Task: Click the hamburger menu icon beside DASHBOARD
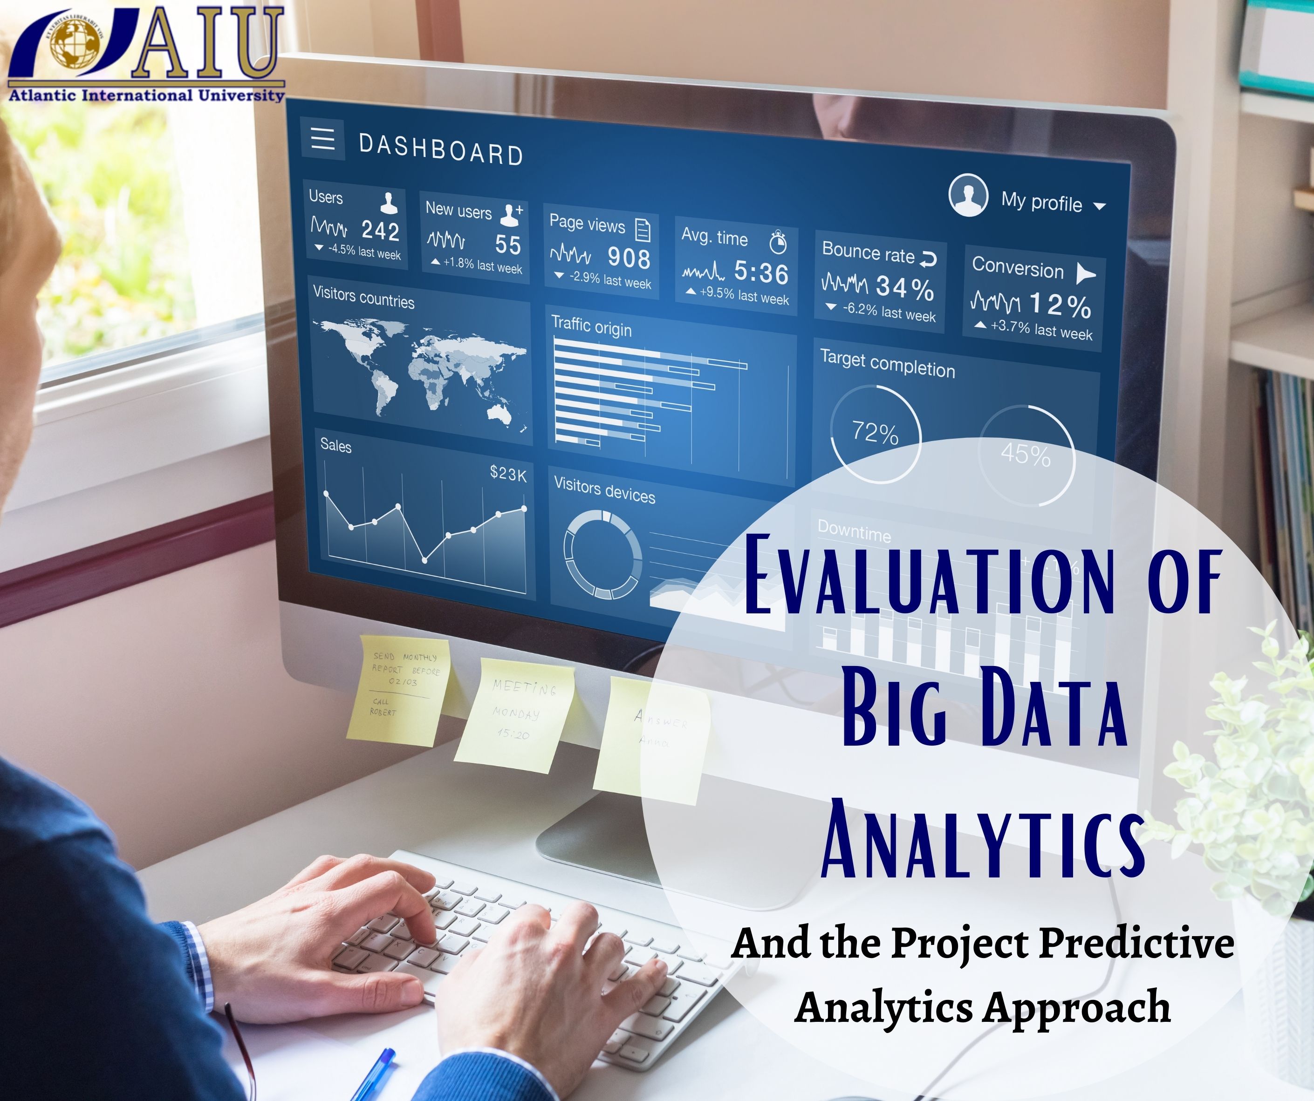[323, 138]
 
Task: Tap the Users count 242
[380, 231]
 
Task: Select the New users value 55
[507, 245]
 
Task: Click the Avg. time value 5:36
[761, 273]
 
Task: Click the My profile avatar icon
[968, 195]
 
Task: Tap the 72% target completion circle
[876, 433]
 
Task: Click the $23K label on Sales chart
[508, 474]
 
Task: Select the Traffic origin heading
[591, 326]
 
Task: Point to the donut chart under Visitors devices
[602, 554]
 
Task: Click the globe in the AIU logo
[75, 42]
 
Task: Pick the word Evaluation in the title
[929, 576]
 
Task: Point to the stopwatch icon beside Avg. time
[778, 242]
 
